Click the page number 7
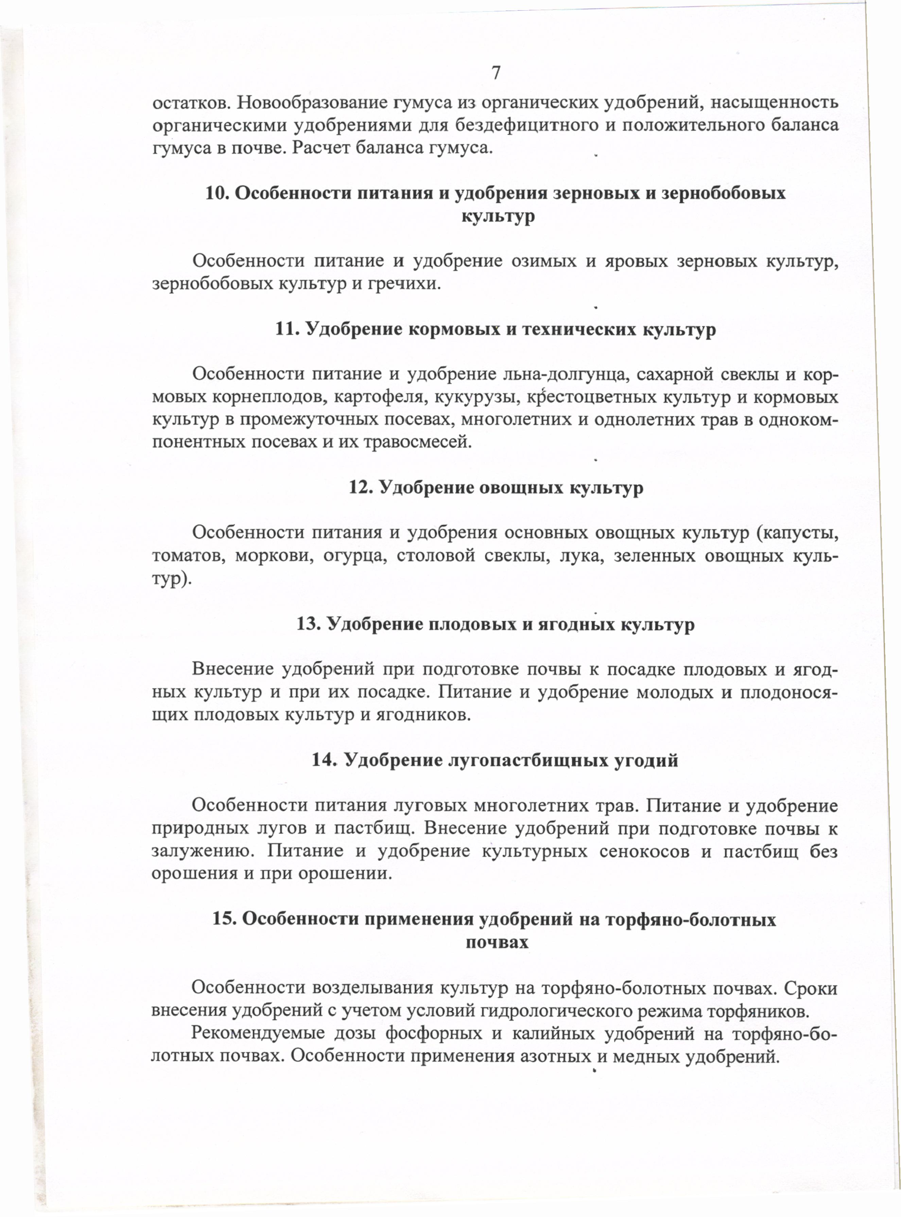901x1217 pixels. (x=496, y=72)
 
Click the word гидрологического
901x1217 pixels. (x=552, y=1010)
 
